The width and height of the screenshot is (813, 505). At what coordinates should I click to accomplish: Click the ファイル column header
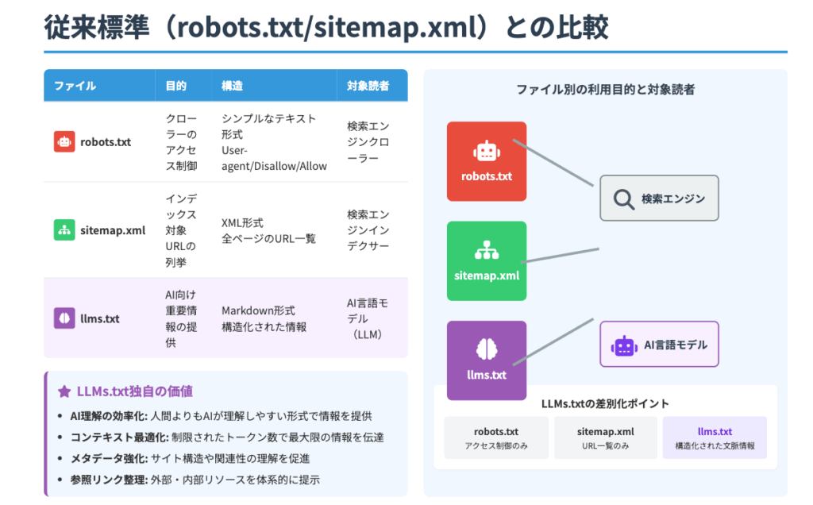pos(75,85)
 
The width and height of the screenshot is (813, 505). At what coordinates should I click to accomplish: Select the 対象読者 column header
pos(368,85)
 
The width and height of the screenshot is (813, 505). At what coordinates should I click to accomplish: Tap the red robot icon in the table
pos(64,142)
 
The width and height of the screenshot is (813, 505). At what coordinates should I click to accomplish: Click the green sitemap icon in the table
pos(64,230)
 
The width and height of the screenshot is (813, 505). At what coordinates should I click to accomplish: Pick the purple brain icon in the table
pos(64,318)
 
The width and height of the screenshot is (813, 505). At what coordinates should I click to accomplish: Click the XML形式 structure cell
pos(268,230)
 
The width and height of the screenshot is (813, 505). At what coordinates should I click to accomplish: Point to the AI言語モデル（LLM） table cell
pos(368,318)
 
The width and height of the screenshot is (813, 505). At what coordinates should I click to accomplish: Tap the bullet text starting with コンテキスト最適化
pos(226,438)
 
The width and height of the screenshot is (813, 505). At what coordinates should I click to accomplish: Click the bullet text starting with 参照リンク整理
pos(195,480)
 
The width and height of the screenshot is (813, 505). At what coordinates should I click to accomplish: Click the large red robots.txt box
pos(486,161)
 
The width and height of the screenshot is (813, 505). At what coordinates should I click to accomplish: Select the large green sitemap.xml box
pos(486,260)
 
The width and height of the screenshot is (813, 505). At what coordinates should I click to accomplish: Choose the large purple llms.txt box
pos(486,360)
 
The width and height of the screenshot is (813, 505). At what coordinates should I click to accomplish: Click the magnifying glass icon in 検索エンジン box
pos(624,199)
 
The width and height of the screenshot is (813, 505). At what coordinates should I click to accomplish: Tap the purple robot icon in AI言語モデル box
pos(624,345)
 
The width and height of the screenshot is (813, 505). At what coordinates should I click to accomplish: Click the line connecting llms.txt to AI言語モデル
pos(553,341)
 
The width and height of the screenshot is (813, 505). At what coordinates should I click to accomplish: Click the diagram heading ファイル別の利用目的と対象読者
pos(605,90)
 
